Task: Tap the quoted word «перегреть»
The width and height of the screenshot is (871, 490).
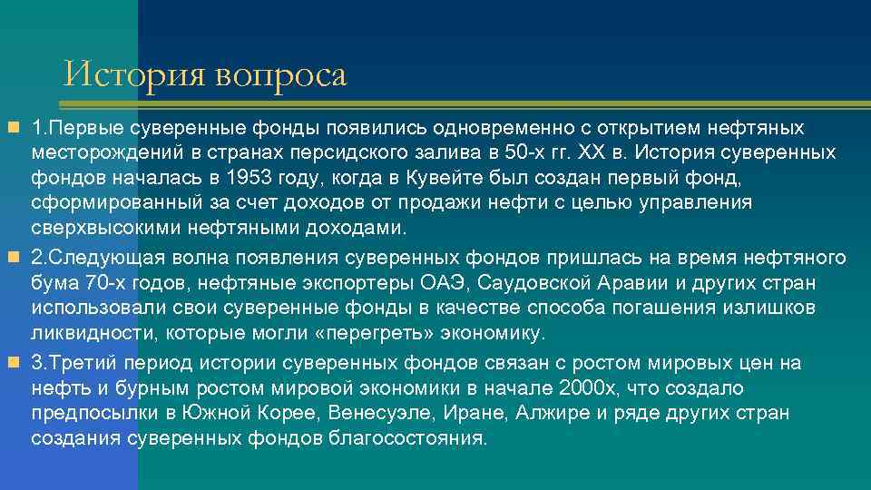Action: [382, 333]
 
